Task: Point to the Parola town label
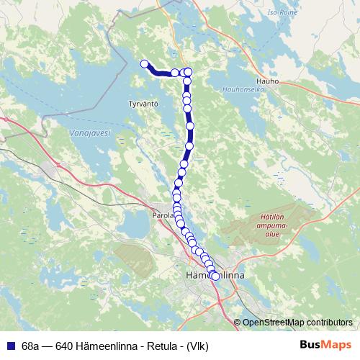163,215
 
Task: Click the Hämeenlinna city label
215,276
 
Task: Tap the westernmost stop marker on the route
144,64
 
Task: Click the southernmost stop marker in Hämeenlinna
215,276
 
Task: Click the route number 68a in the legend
31,345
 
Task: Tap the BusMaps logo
325,344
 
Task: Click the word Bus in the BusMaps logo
311,344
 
